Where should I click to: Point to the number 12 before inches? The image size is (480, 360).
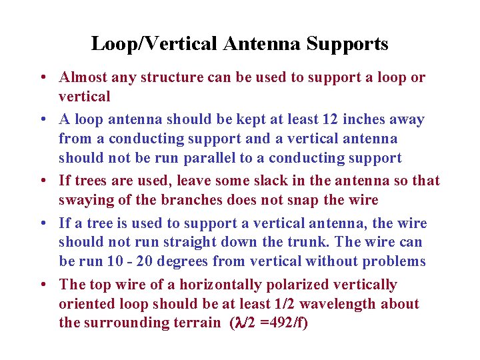(x=319, y=119)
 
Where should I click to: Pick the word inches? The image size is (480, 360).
(x=353, y=119)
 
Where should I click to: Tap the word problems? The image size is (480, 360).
(x=393, y=261)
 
